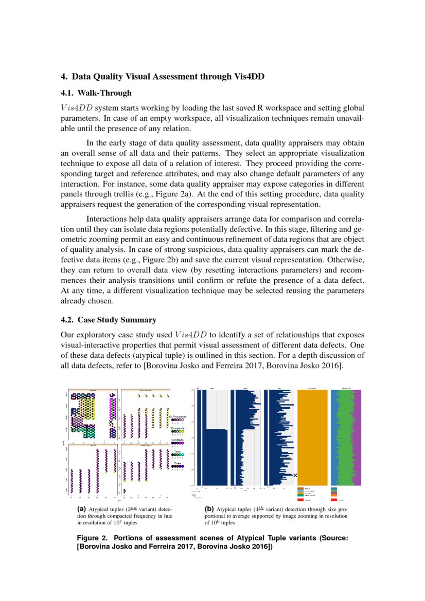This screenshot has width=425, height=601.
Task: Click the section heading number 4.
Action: (x=64, y=77)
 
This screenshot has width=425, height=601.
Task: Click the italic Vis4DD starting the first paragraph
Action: (x=77, y=108)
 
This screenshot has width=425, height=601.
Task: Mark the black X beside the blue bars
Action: (x=295, y=476)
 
